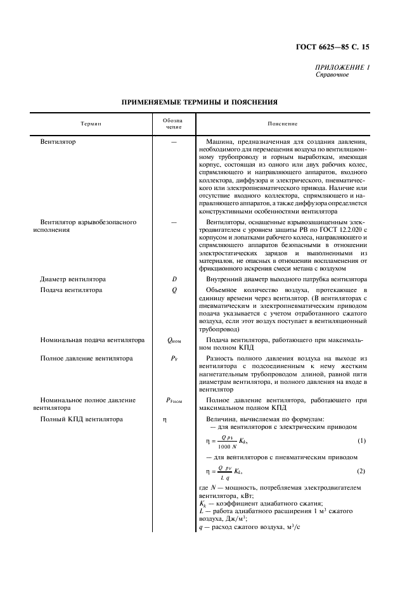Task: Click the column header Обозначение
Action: click(x=172, y=123)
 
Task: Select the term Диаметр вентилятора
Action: click(x=73, y=279)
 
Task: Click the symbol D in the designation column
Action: click(x=173, y=279)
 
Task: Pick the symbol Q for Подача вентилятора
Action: click(x=173, y=290)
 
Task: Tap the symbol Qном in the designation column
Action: click(x=174, y=340)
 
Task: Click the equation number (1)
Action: click(x=361, y=440)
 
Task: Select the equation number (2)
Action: click(x=361, y=471)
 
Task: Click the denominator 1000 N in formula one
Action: click(x=219, y=445)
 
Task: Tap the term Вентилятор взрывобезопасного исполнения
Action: click(x=87, y=226)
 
